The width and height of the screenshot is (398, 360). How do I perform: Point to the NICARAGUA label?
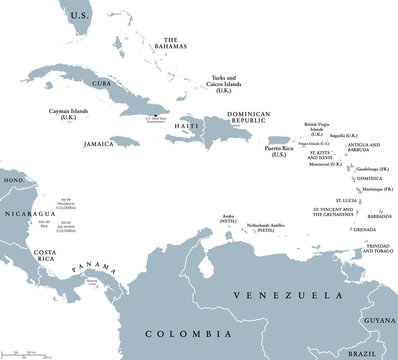click(30, 213)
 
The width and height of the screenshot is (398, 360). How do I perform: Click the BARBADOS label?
click(378, 216)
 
